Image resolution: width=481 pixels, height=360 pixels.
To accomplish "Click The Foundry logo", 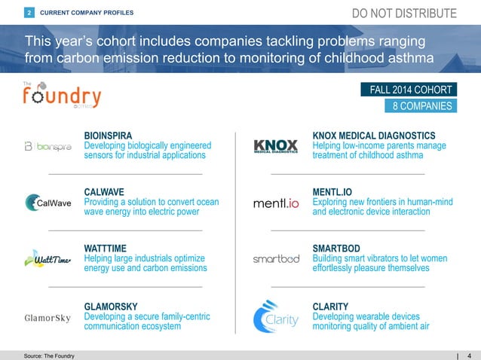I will click(60, 96).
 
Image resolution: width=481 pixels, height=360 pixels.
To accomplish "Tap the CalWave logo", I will click(48, 203).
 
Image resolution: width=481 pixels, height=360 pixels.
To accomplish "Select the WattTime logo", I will click(48, 259).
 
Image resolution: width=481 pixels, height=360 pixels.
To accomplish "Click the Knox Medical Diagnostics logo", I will click(276, 145).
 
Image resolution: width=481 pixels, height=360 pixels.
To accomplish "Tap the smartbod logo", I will click(276, 258).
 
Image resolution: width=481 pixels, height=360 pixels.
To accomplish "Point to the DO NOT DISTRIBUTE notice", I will click(404, 14).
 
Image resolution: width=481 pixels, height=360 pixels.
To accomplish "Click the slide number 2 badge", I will click(29, 13).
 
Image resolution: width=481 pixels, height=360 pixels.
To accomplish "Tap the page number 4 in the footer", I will click(469, 355).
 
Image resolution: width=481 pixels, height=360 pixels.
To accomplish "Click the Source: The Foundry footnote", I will click(43, 355).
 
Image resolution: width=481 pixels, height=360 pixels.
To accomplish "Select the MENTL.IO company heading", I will click(332, 193).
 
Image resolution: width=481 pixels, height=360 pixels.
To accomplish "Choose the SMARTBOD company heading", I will click(336, 248).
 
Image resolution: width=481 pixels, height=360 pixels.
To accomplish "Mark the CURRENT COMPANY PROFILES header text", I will click(86, 13).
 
